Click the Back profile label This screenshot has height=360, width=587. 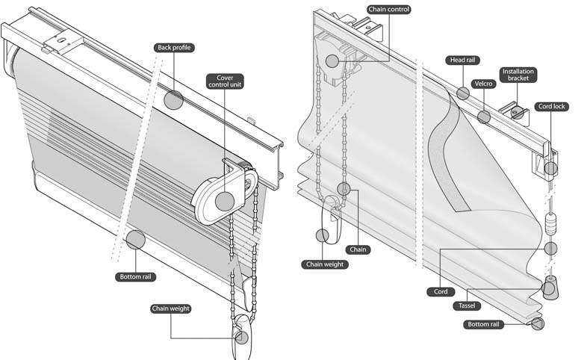click(174, 48)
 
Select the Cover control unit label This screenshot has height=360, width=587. click(225, 81)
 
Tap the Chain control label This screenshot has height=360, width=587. click(389, 10)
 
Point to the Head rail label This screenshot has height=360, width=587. click(463, 60)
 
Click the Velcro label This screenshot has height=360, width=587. click(484, 84)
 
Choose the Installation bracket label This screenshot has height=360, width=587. click(518, 75)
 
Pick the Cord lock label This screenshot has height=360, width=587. click(551, 106)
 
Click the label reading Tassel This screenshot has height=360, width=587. click(467, 305)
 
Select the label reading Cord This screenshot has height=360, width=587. click(441, 291)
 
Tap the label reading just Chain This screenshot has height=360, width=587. click(358, 249)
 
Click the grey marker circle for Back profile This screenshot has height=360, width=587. click(174, 100)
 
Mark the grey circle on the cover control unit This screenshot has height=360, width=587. click(225, 202)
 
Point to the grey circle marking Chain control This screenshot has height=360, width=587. click(332, 61)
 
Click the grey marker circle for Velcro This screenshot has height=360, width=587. click(484, 117)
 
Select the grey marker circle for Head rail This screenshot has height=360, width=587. click(463, 93)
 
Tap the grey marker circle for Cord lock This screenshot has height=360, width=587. click(550, 168)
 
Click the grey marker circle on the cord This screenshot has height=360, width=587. click(550, 249)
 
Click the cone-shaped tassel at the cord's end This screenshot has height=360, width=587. click(550, 288)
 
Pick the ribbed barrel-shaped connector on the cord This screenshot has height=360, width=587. click(550, 224)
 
